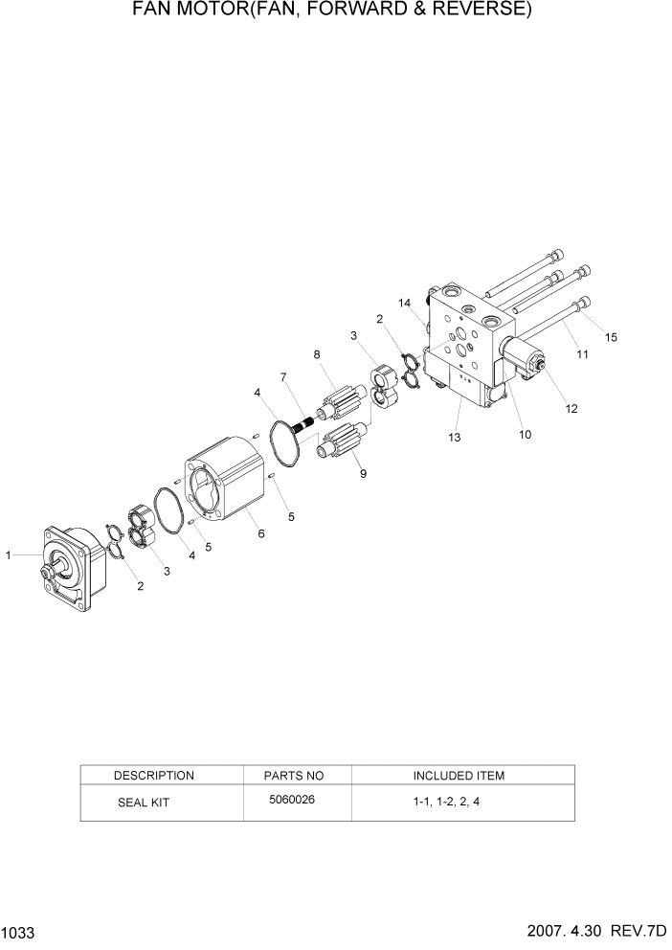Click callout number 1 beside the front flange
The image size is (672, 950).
point(9,554)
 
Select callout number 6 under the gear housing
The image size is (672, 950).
point(261,534)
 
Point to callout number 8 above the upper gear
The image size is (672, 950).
point(317,355)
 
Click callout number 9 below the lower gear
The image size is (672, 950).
point(362,473)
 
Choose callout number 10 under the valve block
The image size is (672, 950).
point(526,434)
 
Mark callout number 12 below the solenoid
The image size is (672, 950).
point(571,408)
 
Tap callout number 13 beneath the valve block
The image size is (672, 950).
point(455,437)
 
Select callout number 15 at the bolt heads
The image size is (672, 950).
point(612,336)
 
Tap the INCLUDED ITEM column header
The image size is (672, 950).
point(459,775)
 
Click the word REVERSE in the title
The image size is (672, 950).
point(475,11)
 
